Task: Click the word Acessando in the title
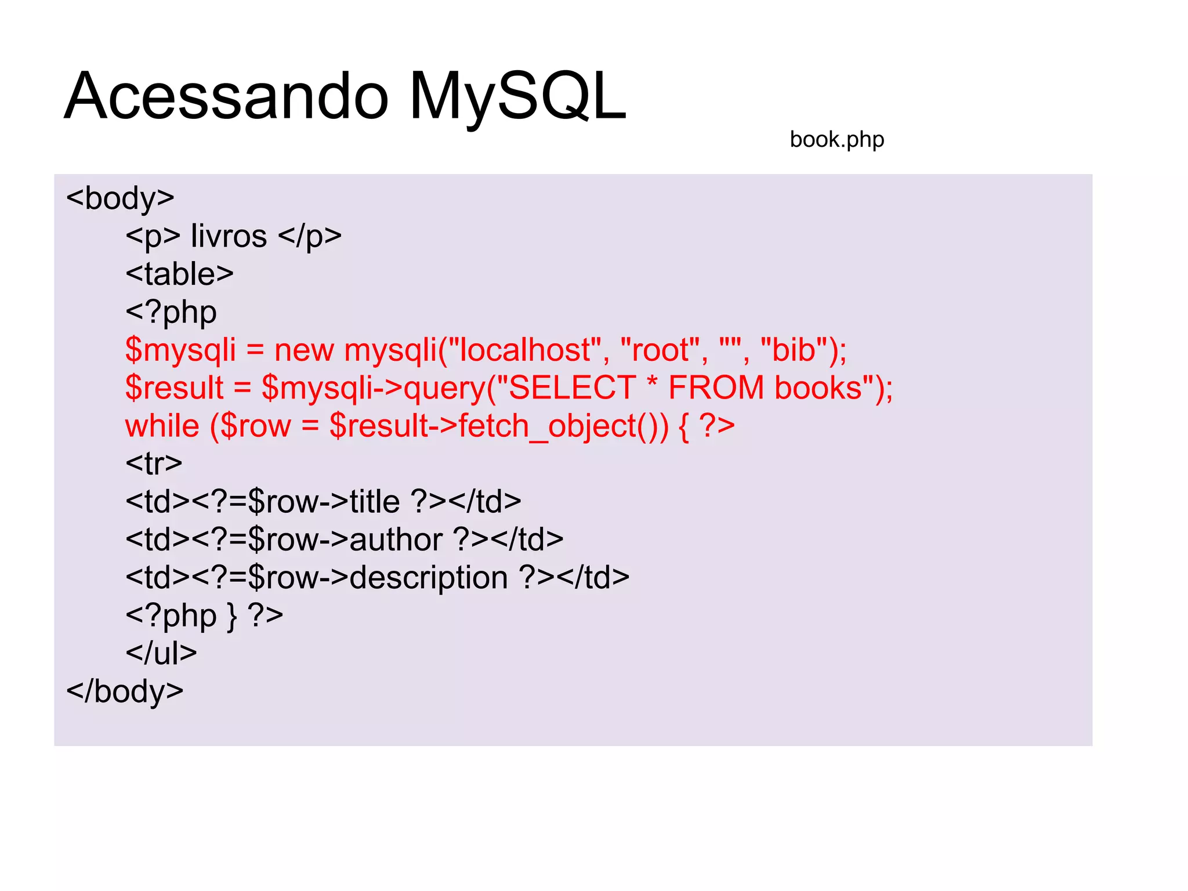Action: point(226,96)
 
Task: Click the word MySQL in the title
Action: point(518,96)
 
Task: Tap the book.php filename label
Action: point(836,139)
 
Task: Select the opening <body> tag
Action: point(120,198)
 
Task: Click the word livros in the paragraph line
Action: point(229,236)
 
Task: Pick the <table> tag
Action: point(179,274)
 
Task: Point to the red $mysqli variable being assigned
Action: point(180,350)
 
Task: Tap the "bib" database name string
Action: point(794,350)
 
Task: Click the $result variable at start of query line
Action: point(174,387)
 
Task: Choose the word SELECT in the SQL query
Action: point(572,387)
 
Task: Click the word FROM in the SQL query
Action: point(716,387)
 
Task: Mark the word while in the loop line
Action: point(162,426)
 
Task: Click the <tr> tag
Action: point(154,463)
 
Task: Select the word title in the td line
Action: point(375,501)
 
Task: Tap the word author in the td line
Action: point(396,539)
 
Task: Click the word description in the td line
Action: point(429,578)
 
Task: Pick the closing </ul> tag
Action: point(161,653)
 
